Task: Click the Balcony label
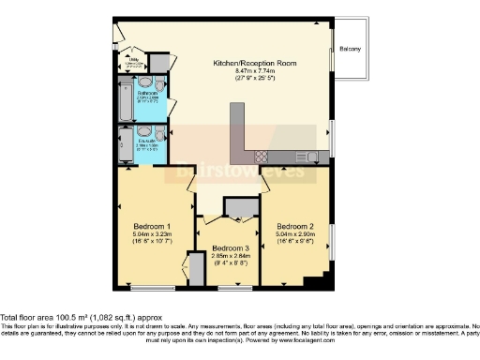(x=351, y=49)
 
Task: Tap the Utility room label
(x=134, y=61)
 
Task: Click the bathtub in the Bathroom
(x=126, y=102)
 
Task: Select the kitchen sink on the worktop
(x=305, y=157)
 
